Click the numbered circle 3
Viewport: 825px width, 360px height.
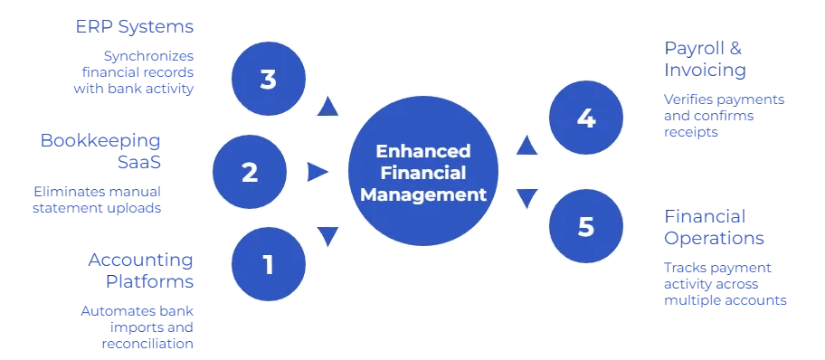coord(268,80)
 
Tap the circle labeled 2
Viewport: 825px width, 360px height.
coord(249,172)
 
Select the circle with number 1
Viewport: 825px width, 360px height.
coord(268,264)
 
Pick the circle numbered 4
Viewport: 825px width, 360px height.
coord(586,118)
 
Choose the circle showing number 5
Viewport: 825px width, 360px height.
coord(586,225)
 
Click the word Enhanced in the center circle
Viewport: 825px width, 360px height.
coord(423,150)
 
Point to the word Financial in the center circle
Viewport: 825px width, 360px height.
coord(423,172)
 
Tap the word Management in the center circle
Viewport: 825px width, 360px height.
coord(423,194)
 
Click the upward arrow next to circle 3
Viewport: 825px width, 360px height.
coord(327,109)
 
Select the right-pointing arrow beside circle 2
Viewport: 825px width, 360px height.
coord(318,172)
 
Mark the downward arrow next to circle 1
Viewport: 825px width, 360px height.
coord(327,237)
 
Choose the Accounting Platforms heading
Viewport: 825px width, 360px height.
coord(141,270)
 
